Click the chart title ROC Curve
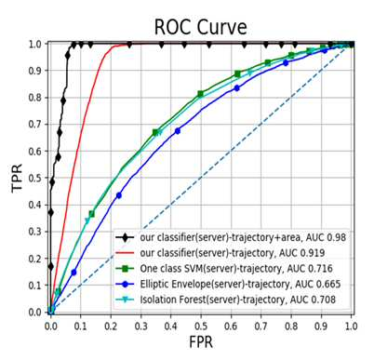coord(200,27)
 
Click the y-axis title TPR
coord(17,178)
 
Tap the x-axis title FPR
coord(201,342)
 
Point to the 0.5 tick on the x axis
coord(201,326)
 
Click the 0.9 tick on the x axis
coord(321,326)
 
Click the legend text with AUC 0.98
coord(243,237)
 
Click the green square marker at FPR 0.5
coord(201,94)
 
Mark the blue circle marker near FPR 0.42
coord(178,131)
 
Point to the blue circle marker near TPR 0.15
coord(73,273)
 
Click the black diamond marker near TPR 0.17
coord(51,266)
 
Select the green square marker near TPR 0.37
coord(92,214)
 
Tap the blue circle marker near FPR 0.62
coord(237,88)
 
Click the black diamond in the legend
coord(125,238)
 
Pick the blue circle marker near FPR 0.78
coord(286,62)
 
